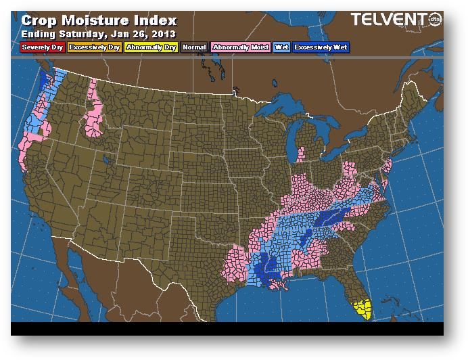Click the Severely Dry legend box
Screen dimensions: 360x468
point(43,48)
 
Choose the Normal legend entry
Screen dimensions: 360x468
point(194,48)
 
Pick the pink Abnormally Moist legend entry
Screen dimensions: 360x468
point(240,48)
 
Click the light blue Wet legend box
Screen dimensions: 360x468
point(281,48)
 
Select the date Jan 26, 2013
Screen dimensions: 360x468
point(148,33)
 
